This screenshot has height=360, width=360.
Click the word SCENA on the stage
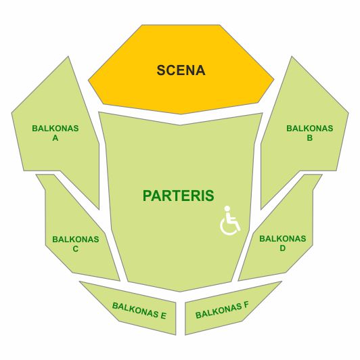click(181, 70)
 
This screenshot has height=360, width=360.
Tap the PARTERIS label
click(179, 196)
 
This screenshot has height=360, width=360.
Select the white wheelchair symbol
click(230, 221)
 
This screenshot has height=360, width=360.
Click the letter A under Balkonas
click(55, 138)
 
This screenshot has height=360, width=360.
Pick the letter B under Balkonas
click(310, 138)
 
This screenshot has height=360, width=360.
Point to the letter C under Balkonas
click(76, 249)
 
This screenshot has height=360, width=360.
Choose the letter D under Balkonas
click(283, 248)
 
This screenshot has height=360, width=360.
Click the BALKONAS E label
click(139, 311)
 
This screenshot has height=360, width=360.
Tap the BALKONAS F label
click(222, 311)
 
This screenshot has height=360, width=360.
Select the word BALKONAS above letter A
click(55, 129)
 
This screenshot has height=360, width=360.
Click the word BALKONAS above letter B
click(310, 129)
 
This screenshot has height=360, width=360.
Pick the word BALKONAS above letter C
click(76, 240)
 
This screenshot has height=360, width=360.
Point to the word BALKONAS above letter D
click(283, 239)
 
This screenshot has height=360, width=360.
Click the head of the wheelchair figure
click(227, 208)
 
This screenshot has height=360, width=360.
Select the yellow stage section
click(181, 69)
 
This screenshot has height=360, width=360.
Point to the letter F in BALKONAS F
click(246, 306)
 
